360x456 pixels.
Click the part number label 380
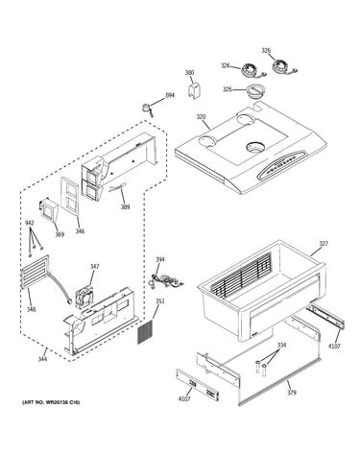tap(189, 73)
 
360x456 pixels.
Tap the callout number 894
tap(170, 95)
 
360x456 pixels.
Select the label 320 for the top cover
tap(201, 117)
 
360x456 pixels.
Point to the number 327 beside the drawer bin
tap(324, 244)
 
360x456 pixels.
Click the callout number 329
tap(292, 393)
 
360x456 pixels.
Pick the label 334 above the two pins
tap(281, 346)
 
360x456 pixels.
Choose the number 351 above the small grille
tap(160, 301)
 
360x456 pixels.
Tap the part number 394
tap(160, 259)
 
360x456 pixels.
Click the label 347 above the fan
tap(94, 266)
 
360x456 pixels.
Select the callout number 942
tap(30, 223)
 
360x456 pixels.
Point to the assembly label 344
tap(42, 359)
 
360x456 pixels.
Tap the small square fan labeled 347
tap(84, 296)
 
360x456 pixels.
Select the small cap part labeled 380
tap(193, 90)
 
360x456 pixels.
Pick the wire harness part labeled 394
tap(166, 280)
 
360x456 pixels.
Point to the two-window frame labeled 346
tap(69, 197)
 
